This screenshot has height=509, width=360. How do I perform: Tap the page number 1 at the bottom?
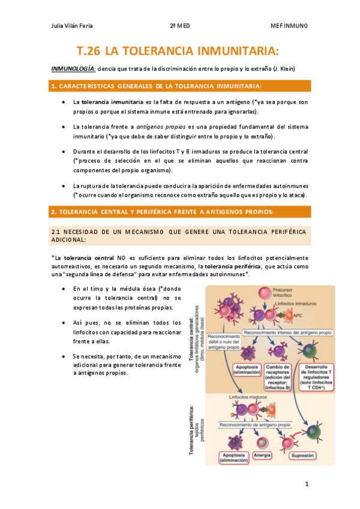[306, 483]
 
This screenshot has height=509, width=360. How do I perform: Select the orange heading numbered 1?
[157, 86]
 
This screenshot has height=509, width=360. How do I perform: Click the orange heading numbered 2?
[162, 212]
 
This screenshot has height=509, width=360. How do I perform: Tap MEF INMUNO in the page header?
[289, 26]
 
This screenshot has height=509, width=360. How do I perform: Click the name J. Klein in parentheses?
[283, 68]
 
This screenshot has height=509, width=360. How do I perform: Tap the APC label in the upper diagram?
[298, 315]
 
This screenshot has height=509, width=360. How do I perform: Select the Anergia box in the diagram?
[262, 455]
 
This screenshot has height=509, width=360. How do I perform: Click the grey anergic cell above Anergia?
[262, 442]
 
